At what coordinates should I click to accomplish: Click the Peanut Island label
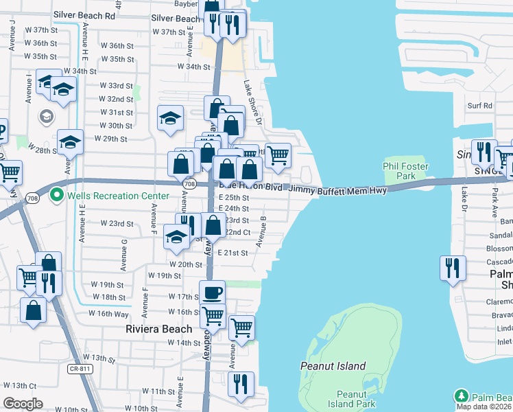click(333, 366)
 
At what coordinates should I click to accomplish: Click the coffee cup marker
click(212, 293)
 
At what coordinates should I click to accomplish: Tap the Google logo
click(23, 404)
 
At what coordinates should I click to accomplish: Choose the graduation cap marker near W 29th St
click(70, 142)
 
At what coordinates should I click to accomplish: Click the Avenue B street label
click(261, 232)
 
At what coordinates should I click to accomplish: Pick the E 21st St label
click(232, 253)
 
